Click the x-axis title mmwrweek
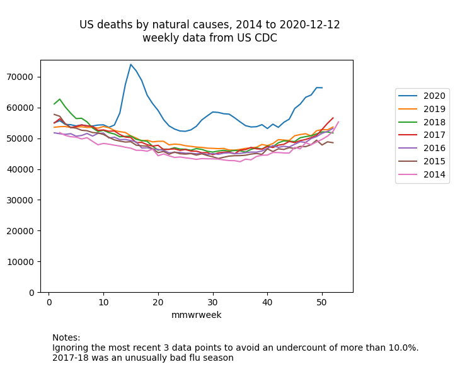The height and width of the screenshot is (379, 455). click(197, 315)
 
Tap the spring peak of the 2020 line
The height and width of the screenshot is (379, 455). click(130, 64)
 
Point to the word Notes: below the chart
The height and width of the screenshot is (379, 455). click(66, 338)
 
